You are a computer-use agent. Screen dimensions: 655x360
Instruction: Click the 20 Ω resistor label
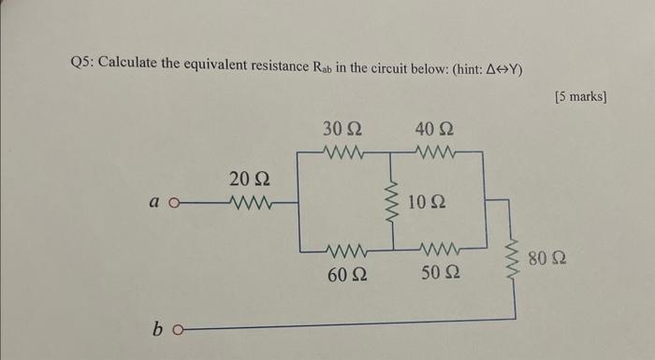tap(250, 178)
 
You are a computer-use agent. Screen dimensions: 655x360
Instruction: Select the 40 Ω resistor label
tap(433, 128)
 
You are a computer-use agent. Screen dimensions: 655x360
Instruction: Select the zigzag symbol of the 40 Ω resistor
tap(435, 150)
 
